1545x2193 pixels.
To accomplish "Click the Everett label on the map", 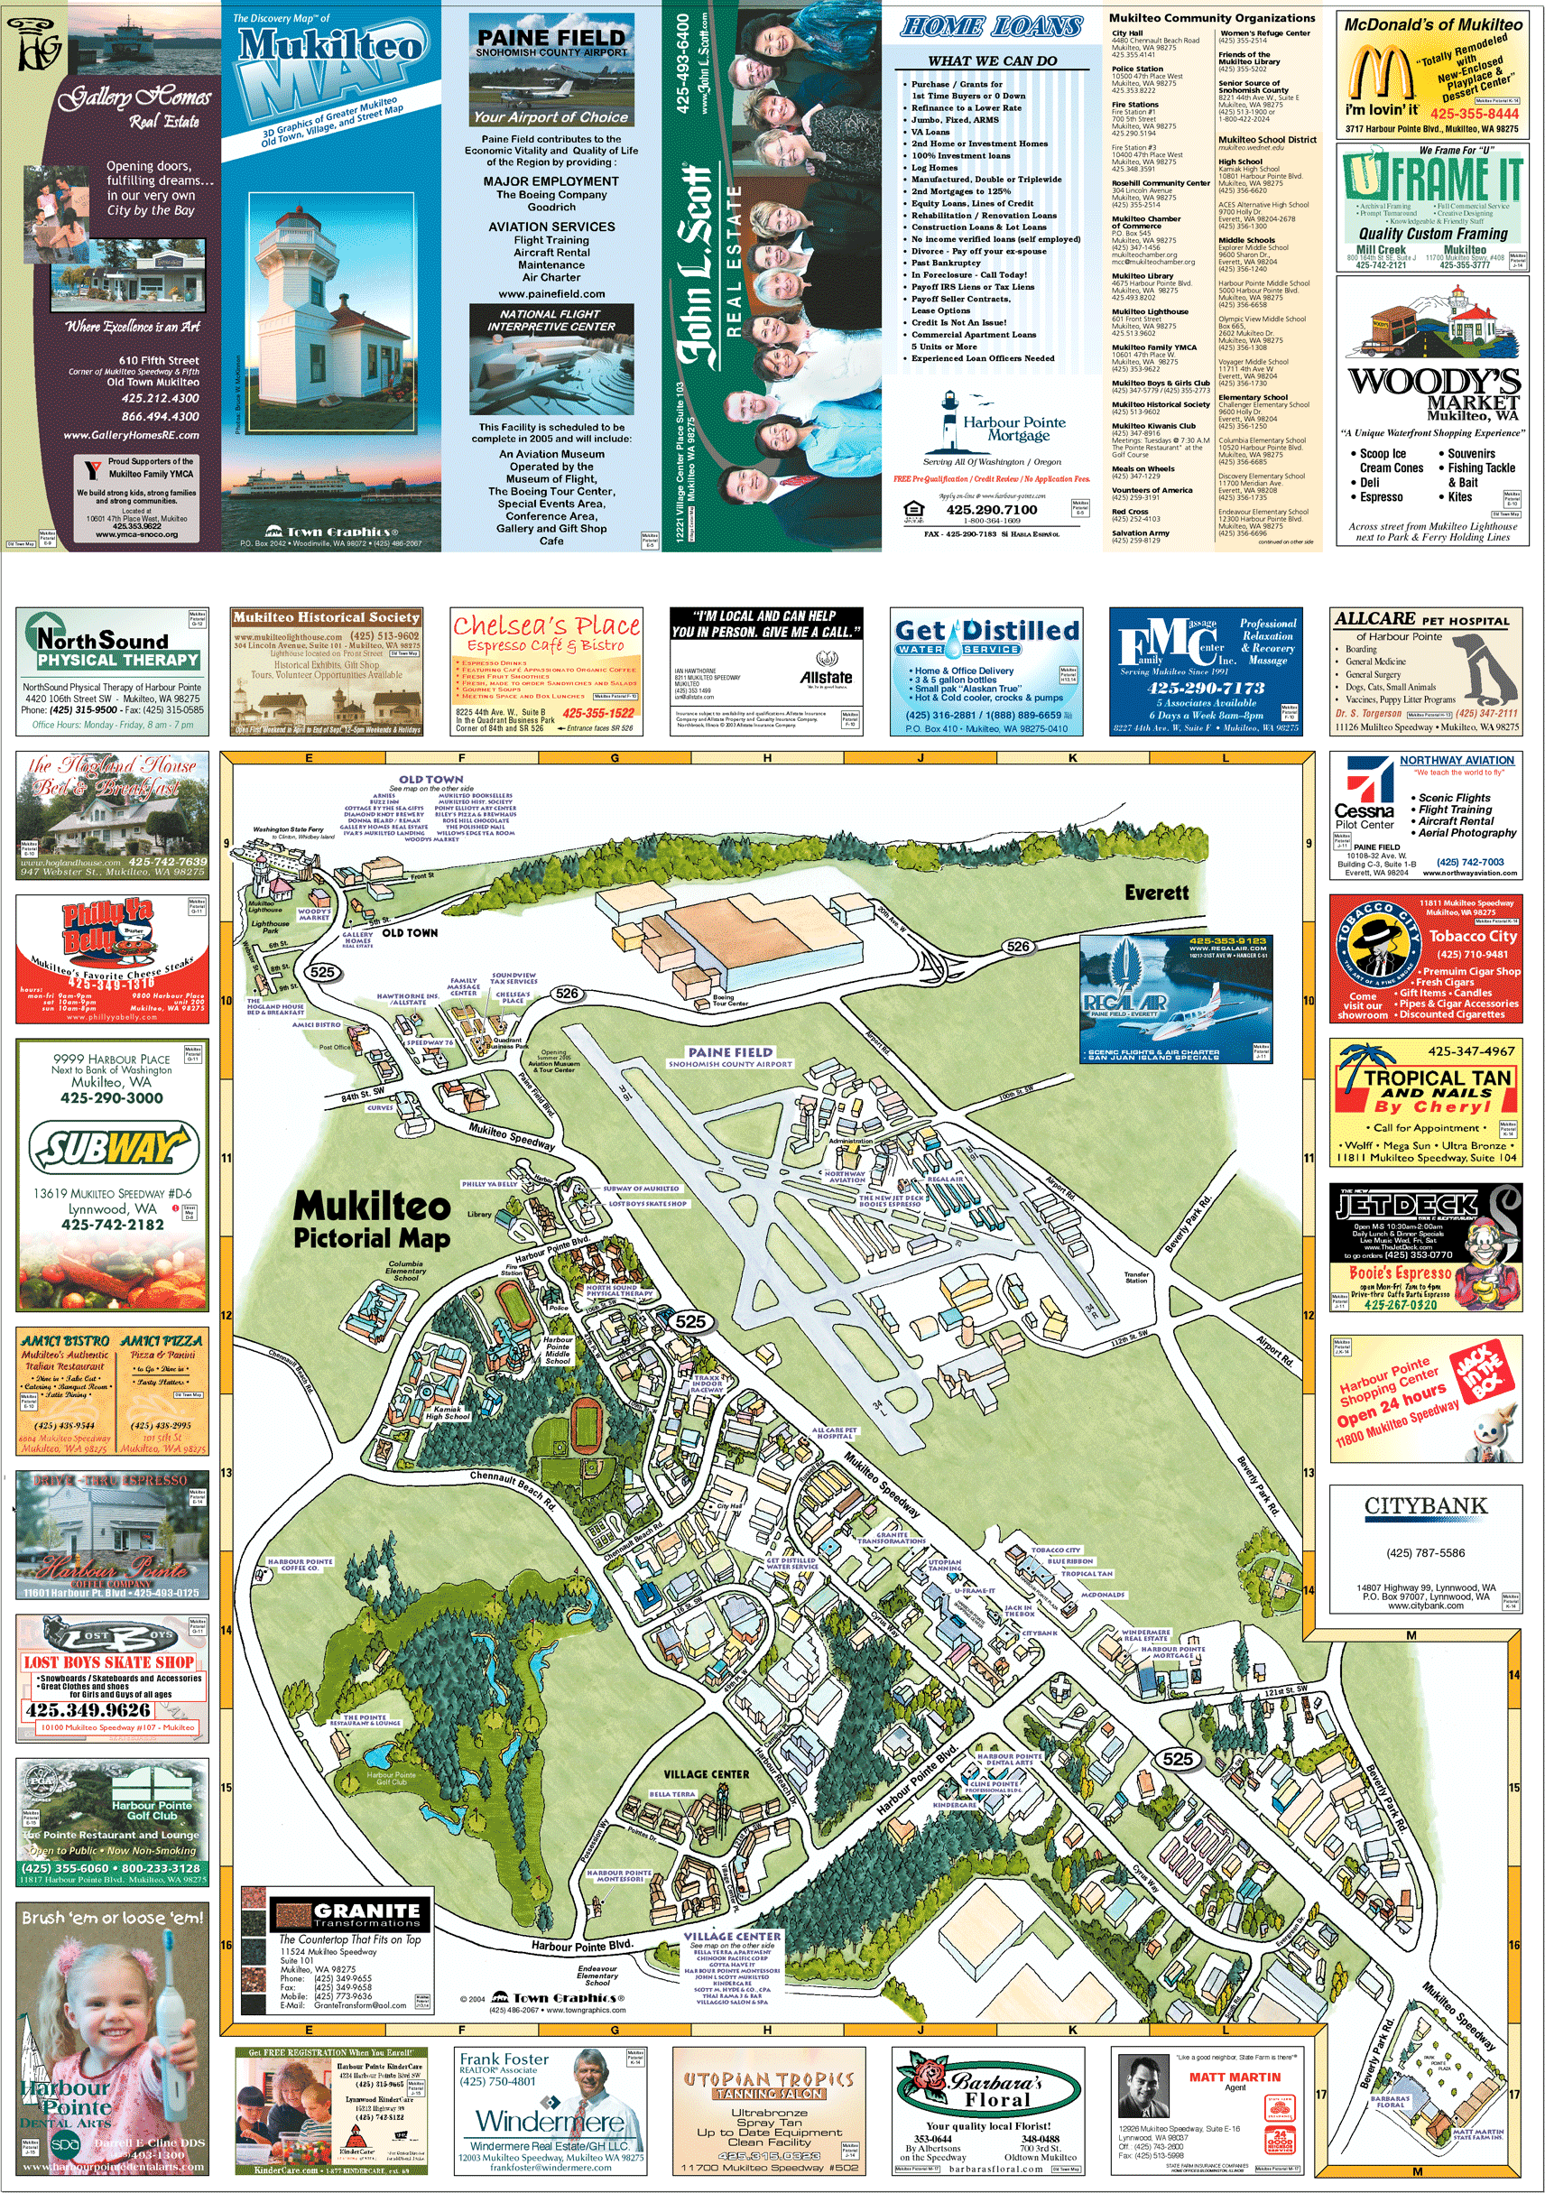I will [x=1156, y=893].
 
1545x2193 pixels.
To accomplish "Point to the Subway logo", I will [x=113, y=1147].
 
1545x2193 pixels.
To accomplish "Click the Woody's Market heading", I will [x=1433, y=381].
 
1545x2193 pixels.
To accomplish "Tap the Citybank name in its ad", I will [x=1426, y=1506].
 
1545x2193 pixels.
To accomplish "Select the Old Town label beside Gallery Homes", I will [x=410, y=932].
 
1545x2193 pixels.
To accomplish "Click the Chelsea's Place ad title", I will [x=546, y=626].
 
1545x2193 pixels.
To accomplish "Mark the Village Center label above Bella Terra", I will [x=706, y=1774].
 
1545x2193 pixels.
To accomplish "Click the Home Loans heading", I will [x=991, y=27].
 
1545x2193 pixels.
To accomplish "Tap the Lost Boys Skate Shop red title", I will [x=109, y=1663].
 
